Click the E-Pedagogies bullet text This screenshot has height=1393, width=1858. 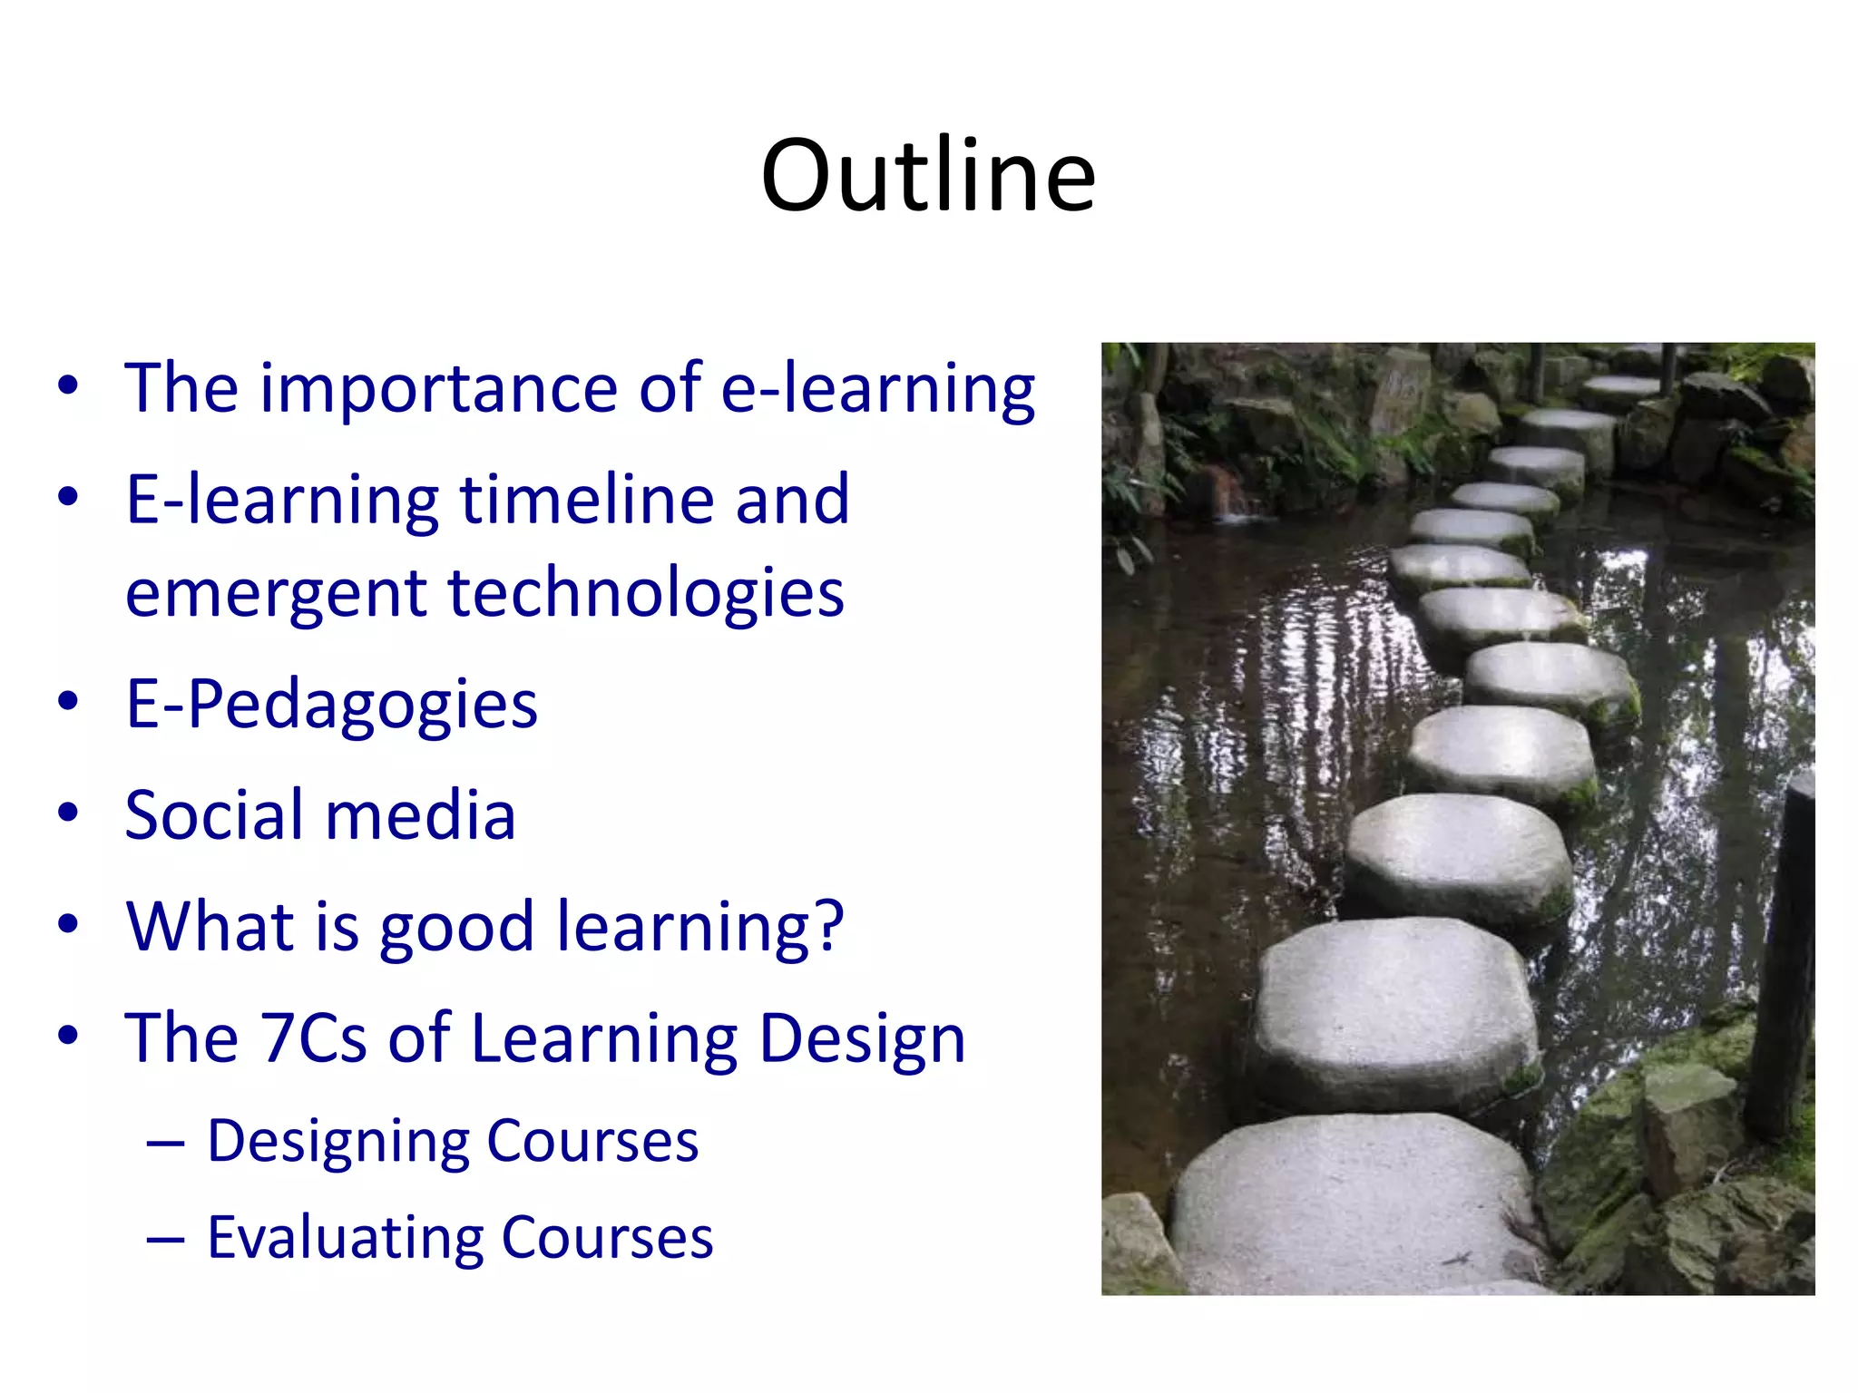click(331, 705)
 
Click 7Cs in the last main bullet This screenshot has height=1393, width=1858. click(313, 1037)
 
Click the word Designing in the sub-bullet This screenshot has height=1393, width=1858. click(337, 1141)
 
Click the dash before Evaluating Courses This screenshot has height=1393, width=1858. click(165, 1239)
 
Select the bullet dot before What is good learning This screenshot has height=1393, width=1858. click(68, 925)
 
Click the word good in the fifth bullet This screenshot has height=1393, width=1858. click(456, 927)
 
